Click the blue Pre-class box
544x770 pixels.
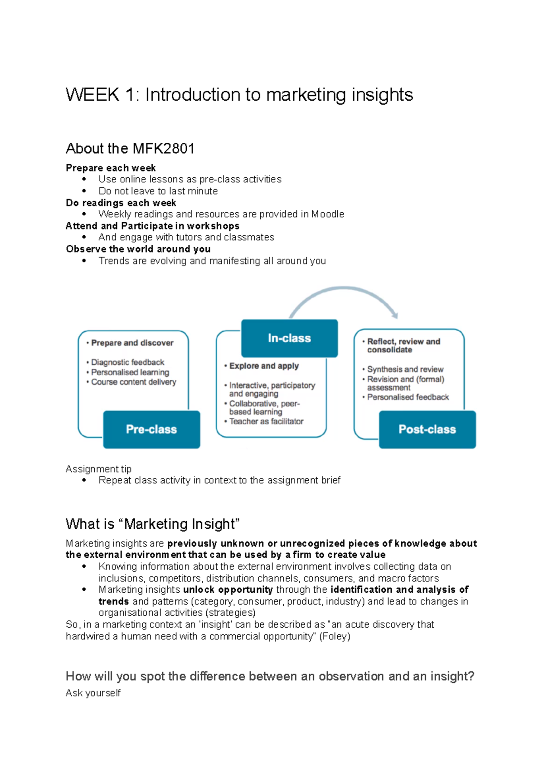pos(151,429)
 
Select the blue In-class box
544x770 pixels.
pos(289,338)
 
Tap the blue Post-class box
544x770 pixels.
pos(427,429)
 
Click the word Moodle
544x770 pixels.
pos(328,214)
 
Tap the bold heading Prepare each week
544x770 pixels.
pos(111,168)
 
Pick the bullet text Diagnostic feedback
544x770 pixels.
pos(128,362)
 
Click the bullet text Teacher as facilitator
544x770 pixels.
pos(266,421)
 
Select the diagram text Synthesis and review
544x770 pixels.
pos(405,370)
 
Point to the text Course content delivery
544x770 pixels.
pos(134,382)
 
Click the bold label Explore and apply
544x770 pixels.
pos(264,366)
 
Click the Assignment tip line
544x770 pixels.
pos(98,469)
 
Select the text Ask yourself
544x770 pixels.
pos(93,693)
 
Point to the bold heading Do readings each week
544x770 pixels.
pos(121,203)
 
